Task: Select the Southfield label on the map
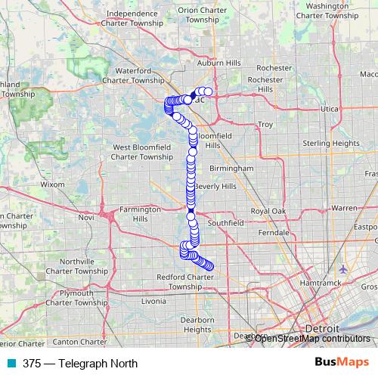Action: tap(226, 224)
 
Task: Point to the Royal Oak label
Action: tap(269, 211)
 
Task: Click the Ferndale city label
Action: tap(274, 233)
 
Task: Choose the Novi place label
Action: tap(85, 217)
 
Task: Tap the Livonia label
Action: tap(153, 301)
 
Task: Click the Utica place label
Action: tap(330, 110)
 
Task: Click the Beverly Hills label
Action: tap(215, 186)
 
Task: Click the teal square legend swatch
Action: tap(12, 363)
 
